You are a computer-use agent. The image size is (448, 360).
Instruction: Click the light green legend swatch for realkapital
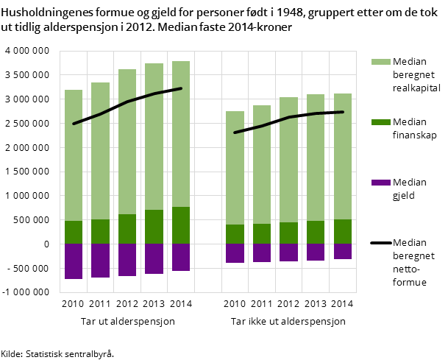click(x=380, y=62)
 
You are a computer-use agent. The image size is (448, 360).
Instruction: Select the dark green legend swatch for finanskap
click(x=380, y=122)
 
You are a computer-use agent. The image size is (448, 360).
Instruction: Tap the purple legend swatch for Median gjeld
click(x=380, y=183)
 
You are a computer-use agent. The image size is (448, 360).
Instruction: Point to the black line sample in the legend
click(x=380, y=243)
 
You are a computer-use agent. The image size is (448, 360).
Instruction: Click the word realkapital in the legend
click(x=417, y=87)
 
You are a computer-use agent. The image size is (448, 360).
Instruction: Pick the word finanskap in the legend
click(x=415, y=135)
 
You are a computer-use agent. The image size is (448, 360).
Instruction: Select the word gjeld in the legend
click(x=405, y=195)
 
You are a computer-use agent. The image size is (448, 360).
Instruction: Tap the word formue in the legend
click(x=410, y=280)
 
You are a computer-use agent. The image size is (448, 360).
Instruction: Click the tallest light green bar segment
click(x=181, y=134)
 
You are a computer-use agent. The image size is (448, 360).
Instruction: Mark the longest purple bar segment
click(x=74, y=261)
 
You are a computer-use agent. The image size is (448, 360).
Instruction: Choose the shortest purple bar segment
click(x=342, y=251)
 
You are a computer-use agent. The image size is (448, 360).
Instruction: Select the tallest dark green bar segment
click(x=181, y=225)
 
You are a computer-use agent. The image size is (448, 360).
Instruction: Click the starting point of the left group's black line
click(x=74, y=124)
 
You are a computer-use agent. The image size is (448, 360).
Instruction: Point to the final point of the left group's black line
click(x=181, y=88)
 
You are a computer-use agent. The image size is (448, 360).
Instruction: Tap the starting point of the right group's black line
click(x=235, y=133)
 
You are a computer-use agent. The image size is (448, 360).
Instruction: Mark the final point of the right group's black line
click(x=342, y=112)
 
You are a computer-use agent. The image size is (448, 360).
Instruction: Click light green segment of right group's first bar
click(x=235, y=168)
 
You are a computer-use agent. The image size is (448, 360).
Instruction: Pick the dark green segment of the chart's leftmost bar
click(x=74, y=232)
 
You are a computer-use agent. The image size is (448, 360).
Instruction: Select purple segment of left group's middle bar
click(x=127, y=260)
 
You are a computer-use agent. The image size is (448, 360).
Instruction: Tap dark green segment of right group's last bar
click(x=342, y=231)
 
